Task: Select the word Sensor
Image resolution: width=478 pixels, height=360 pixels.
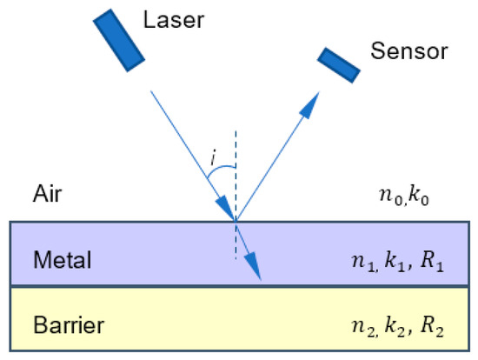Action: [x=408, y=50]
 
